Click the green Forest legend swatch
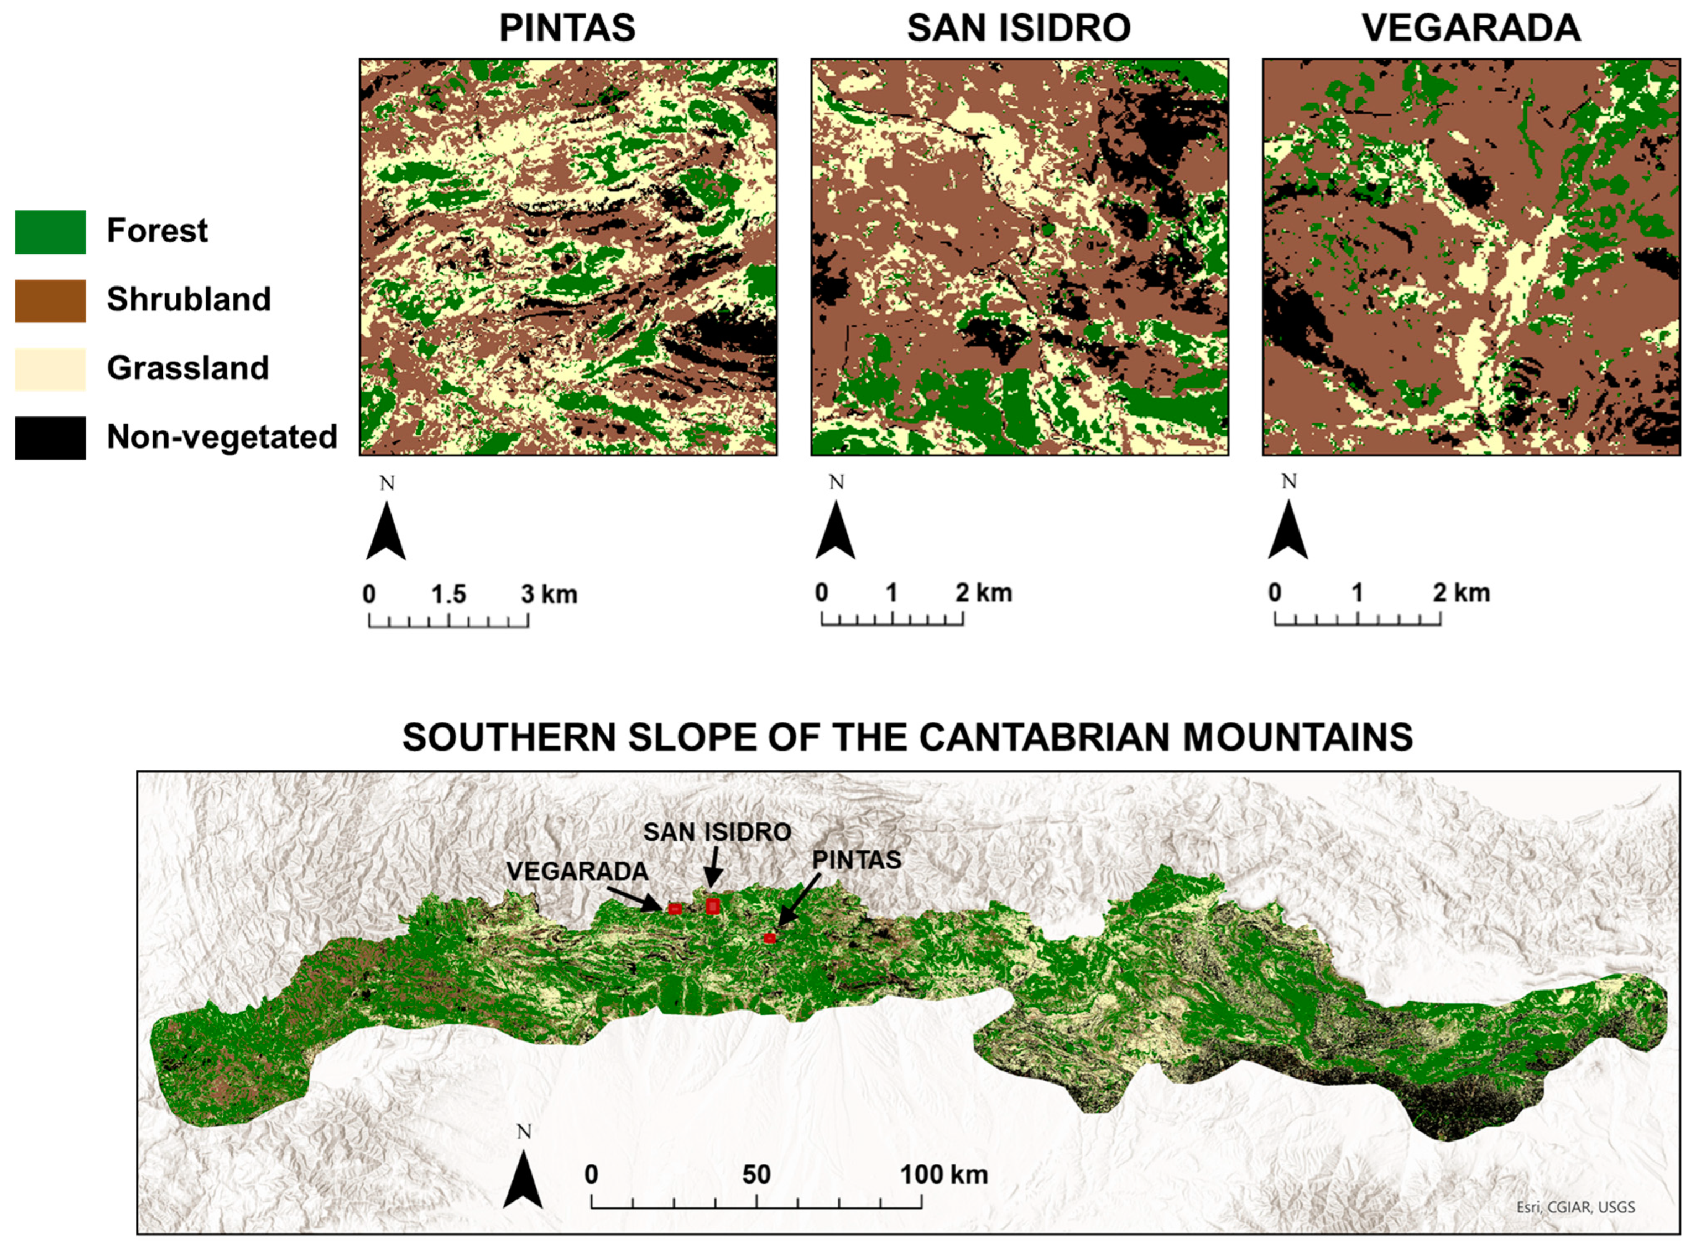50,232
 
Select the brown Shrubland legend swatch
50,300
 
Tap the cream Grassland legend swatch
50,369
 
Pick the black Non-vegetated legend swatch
50,437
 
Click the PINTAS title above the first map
567,29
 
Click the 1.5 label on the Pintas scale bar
448,595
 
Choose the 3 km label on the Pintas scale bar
549,595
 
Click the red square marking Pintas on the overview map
769,938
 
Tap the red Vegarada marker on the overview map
675,909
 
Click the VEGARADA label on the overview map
577,872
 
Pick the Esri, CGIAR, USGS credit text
1575,1207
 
